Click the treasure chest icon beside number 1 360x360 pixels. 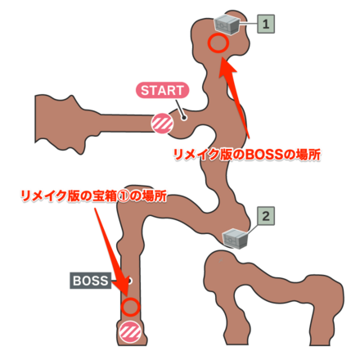[x=228, y=24]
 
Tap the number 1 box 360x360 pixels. [x=265, y=25]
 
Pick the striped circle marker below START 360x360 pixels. [x=161, y=124]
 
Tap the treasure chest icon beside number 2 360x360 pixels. [x=235, y=237]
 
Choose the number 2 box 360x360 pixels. [x=265, y=216]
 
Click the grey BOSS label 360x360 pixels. [x=89, y=281]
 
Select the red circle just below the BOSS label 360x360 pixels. [x=130, y=307]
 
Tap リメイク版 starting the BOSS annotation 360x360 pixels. [x=201, y=154]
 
